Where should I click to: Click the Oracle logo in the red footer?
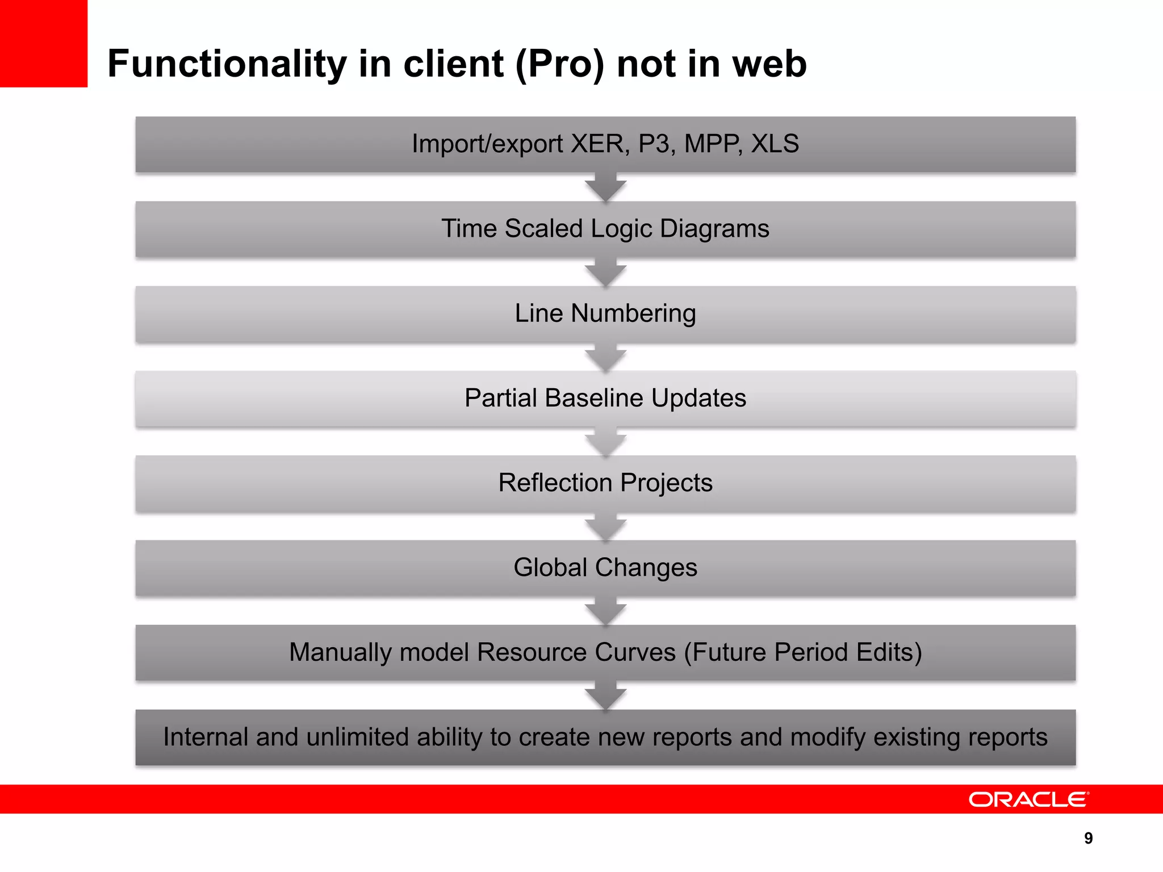[1028, 799]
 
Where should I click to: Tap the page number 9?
[1088, 839]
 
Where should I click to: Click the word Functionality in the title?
[227, 64]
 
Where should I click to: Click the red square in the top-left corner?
[43, 43]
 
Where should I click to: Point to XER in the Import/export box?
[600, 144]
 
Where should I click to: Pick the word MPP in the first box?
[712, 144]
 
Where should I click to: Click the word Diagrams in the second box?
[714, 229]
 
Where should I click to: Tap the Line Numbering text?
[605, 313]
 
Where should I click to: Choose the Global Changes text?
[605, 568]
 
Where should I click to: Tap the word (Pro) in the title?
[560, 64]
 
